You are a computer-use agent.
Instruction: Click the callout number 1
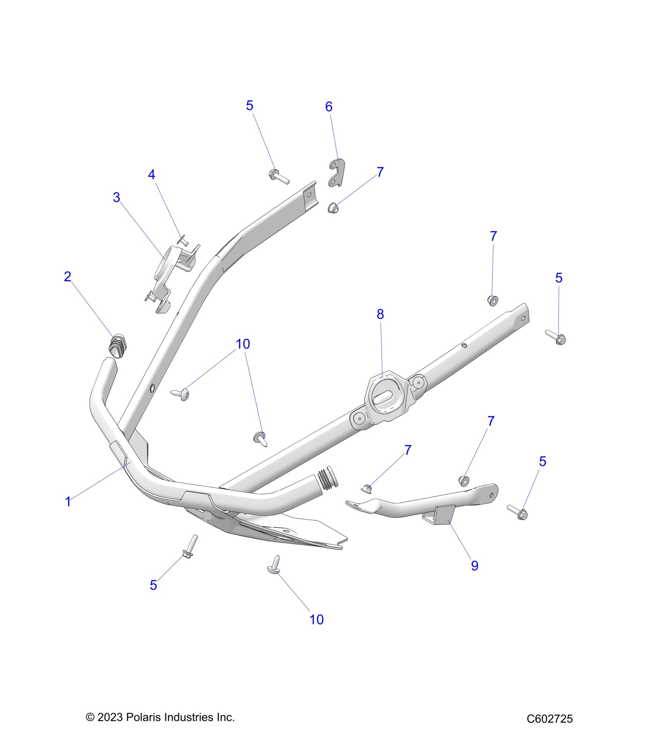pyautogui.click(x=68, y=502)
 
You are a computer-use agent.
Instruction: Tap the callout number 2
pyautogui.click(x=68, y=276)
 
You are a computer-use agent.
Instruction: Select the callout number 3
pyautogui.click(x=116, y=198)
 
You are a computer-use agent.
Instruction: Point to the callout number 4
pyautogui.click(x=151, y=175)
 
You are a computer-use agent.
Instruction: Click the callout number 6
pyautogui.click(x=328, y=107)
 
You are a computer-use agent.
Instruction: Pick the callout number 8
pyautogui.click(x=380, y=314)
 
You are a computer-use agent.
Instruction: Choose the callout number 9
pyautogui.click(x=475, y=566)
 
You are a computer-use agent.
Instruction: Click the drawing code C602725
pyautogui.click(x=550, y=719)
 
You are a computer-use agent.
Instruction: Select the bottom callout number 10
pyautogui.click(x=316, y=620)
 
